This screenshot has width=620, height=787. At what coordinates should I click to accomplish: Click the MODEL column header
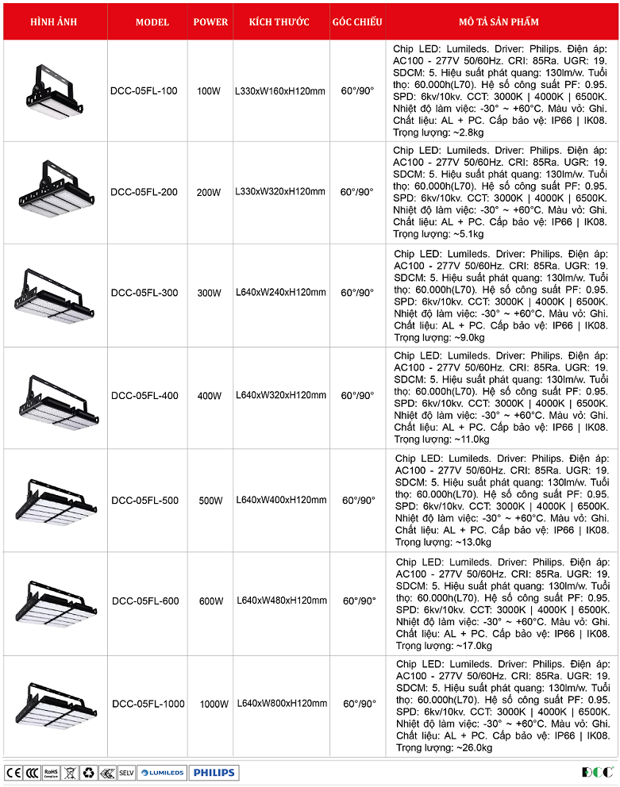coord(152,22)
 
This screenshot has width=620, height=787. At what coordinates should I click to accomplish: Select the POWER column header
coord(210,22)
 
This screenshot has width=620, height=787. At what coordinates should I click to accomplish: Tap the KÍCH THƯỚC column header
coord(279,22)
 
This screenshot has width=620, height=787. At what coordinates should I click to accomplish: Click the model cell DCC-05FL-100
coord(144,91)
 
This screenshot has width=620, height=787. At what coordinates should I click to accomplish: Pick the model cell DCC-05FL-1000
coord(148,704)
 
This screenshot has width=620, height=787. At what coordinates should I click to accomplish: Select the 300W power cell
coord(210,293)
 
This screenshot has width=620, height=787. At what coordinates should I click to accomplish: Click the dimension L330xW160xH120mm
coord(280,91)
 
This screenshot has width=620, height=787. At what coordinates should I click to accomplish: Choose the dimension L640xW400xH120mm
coord(281,501)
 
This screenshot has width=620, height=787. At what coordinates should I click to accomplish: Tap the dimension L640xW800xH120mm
coord(281,704)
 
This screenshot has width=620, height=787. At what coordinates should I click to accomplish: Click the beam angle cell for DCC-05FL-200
coord(357,192)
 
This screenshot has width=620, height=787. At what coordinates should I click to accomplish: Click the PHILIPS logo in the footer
coord(214,772)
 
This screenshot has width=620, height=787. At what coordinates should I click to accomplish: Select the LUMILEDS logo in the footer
coord(162,772)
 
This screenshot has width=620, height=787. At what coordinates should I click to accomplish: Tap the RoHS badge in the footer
coord(51,772)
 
